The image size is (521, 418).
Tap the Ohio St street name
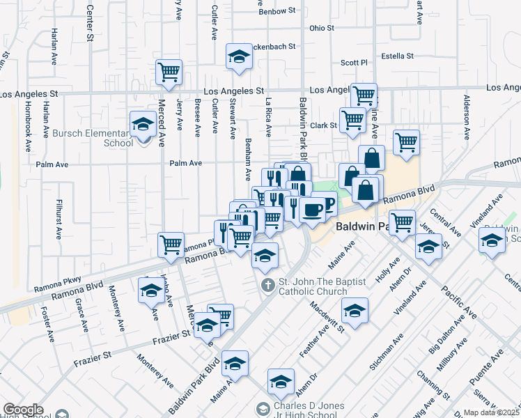[322, 29]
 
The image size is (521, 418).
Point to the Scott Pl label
[353, 63]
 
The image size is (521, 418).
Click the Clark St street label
[323, 126]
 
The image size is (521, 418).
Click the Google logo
[23, 410]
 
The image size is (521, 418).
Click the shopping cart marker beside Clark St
[352, 120]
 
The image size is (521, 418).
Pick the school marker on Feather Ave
[355, 311]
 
